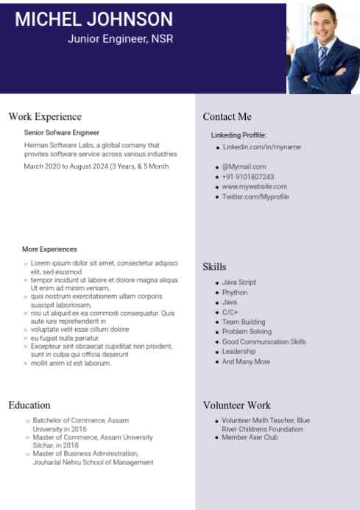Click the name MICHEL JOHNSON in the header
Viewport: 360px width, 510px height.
click(x=93, y=20)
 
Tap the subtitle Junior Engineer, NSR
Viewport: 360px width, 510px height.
click(x=120, y=38)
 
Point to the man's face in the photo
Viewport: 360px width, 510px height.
click(x=322, y=24)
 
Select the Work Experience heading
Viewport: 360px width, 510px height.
click(x=45, y=116)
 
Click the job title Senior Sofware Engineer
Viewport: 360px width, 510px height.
click(x=61, y=132)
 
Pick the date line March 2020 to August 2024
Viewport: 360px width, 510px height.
click(x=96, y=166)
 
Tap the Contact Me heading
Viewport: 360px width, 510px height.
click(x=227, y=116)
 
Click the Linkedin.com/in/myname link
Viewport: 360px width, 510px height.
click(x=261, y=147)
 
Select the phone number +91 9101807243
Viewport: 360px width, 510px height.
click(x=248, y=177)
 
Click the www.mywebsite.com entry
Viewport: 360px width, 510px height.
click(x=255, y=187)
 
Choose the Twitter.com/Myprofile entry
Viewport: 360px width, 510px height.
click(x=255, y=197)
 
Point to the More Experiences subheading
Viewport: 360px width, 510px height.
click(x=49, y=249)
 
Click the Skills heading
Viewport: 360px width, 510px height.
click(x=214, y=266)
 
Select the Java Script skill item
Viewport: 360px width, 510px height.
click(x=239, y=283)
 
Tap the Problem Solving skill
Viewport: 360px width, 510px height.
click(x=247, y=332)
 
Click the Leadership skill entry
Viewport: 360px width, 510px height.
click(x=239, y=352)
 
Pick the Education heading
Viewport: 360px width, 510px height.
click(x=29, y=405)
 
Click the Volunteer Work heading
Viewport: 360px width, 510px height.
click(x=236, y=405)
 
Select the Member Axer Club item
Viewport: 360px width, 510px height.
click(x=250, y=437)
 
